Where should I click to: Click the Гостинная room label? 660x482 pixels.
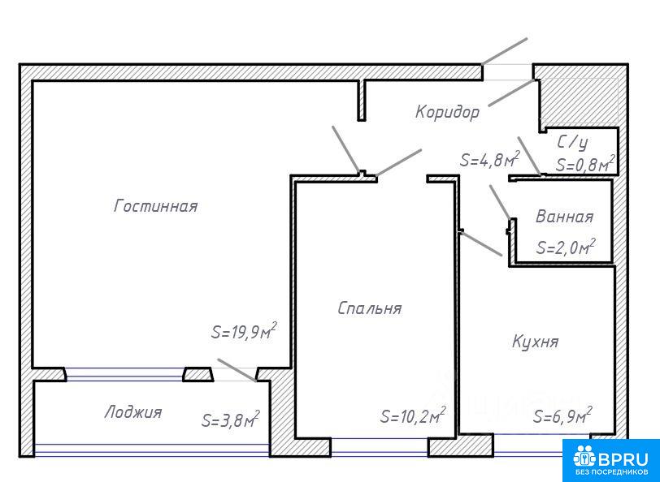[x=156, y=206]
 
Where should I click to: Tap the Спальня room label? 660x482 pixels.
[x=370, y=308]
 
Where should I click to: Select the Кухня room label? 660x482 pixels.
[x=536, y=342]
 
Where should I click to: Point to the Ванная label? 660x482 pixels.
[x=564, y=217]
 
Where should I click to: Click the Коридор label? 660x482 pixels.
[x=447, y=112]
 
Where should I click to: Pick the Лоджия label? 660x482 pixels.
[x=133, y=412]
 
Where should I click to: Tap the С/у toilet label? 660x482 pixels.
[x=572, y=143]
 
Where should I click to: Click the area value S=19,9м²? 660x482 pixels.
[x=244, y=331]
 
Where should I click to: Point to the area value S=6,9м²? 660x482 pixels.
[x=562, y=415]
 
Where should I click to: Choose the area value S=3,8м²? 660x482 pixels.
[x=231, y=419]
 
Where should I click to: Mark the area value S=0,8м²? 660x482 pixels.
[x=586, y=163]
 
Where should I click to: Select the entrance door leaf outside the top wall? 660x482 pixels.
[x=504, y=51]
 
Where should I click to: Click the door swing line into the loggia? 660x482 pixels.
[x=237, y=370]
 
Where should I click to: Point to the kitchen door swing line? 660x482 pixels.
[x=481, y=243]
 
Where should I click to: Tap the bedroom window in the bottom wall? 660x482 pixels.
[x=380, y=446]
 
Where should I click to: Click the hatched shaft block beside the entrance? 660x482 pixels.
[x=580, y=101]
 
